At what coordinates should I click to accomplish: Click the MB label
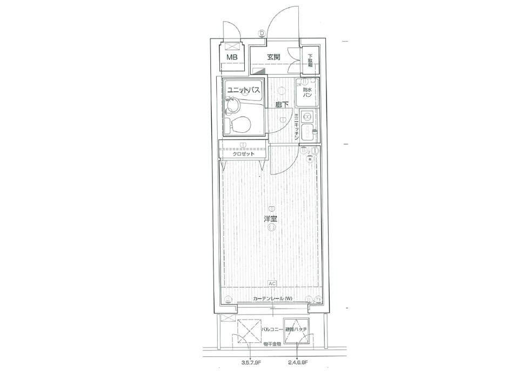[231, 57]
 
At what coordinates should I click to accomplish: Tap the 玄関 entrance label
[273, 57]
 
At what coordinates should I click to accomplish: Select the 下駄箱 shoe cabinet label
[310, 59]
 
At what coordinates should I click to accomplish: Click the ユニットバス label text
[244, 90]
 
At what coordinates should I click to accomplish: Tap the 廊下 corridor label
[281, 104]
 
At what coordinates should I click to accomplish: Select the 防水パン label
[307, 92]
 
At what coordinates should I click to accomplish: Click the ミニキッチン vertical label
[297, 127]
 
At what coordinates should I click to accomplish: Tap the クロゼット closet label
[243, 154]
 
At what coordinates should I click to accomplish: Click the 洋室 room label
[271, 219]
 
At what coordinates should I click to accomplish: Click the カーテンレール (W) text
[272, 299]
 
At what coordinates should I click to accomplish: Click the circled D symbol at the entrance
[262, 33]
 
